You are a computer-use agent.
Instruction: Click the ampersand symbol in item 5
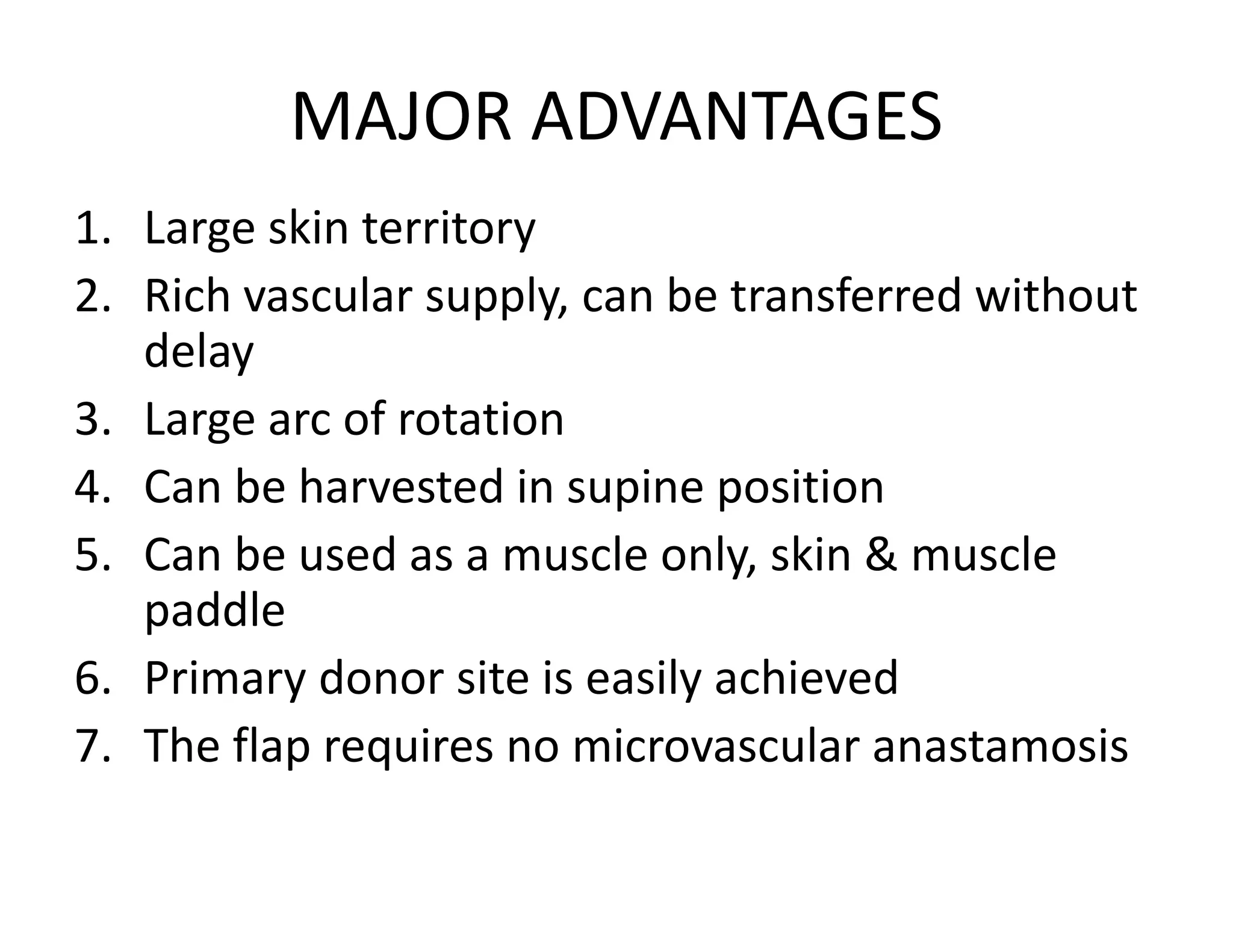883,555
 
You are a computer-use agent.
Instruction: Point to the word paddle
214,610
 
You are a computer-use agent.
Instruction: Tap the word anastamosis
1000,746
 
